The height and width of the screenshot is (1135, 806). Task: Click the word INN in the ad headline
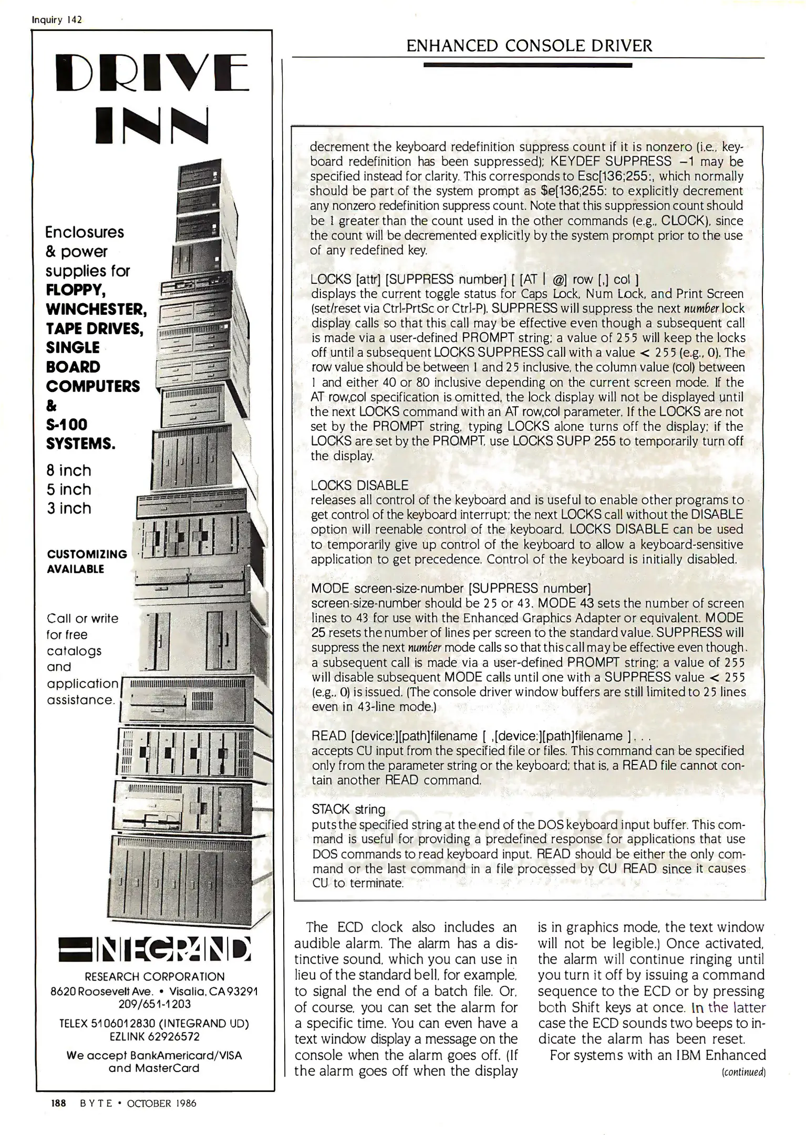click(x=152, y=126)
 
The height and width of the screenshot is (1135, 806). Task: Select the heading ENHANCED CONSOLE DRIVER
click(x=529, y=46)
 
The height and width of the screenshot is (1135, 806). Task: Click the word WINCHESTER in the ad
click(x=96, y=308)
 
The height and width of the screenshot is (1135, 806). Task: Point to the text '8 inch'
click(x=69, y=470)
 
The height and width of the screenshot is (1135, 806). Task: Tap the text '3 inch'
click(x=69, y=508)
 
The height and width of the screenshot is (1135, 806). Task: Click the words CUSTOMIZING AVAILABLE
click(x=87, y=561)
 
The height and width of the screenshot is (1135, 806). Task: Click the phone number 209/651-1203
click(x=154, y=1004)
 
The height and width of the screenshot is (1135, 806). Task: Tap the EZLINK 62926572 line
click(x=154, y=1037)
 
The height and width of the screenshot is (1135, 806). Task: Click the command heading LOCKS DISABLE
click(x=359, y=485)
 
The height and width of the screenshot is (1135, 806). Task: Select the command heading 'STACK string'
click(x=348, y=809)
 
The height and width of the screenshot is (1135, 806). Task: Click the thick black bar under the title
click(x=528, y=66)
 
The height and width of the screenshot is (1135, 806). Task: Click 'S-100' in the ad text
click(x=67, y=425)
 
